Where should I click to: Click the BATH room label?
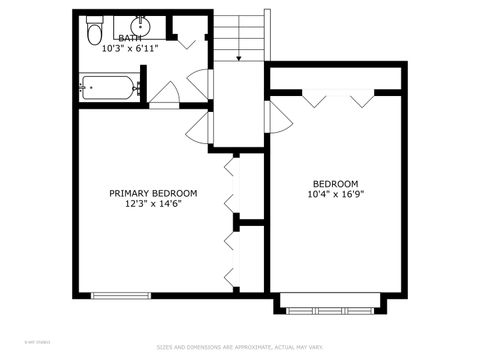[130, 38]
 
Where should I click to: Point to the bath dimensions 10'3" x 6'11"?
[130, 47]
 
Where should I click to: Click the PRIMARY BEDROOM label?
[153, 193]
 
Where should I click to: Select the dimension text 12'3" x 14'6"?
[153, 203]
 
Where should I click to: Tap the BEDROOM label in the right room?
[335, 183]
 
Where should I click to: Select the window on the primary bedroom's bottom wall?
[120, 294]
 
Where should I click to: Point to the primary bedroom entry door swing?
[199, 125]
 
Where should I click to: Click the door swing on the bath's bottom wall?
[164, 94]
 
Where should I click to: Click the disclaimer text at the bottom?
[240, 348]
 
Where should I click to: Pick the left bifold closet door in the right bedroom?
[313, 99]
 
